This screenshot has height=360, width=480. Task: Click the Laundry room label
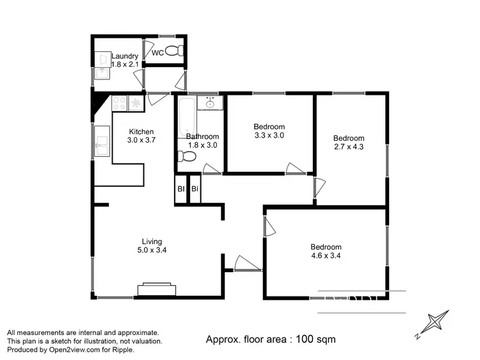tap(124, 56)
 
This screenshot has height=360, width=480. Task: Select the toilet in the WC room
tap(173, 51)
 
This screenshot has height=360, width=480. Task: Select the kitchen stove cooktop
tap(120, 102)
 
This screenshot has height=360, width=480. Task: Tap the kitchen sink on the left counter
tap(102, 141)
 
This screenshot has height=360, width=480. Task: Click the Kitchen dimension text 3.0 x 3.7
tap(141, 140)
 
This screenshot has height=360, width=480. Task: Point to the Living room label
tap(152, 241)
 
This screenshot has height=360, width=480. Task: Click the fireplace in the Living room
tap(156, 288)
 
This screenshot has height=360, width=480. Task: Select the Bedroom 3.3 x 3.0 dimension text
tap(269, 135)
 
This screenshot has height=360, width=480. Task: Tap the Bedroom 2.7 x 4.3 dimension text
tap(349, 147)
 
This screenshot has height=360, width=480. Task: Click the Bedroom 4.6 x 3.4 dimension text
tap(326, 256)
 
